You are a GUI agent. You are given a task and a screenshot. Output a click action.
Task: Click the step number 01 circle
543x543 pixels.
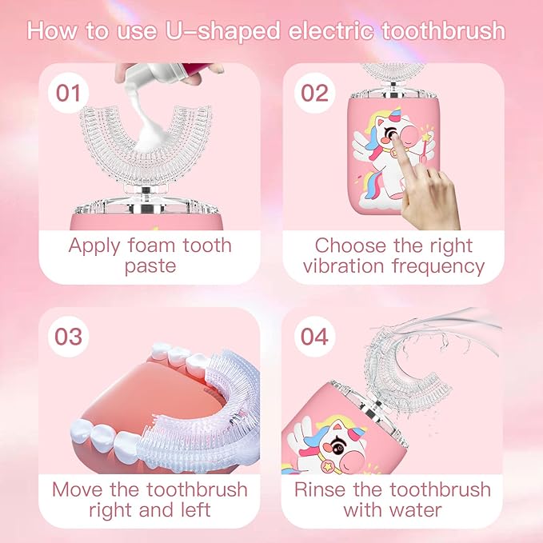coord(69,94)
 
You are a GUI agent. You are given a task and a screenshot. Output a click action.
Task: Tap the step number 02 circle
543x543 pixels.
coord(314,94)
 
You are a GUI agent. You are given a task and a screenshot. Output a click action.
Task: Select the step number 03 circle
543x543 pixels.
coord(69,337)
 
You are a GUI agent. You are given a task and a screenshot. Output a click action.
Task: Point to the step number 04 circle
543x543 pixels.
coord(314,337)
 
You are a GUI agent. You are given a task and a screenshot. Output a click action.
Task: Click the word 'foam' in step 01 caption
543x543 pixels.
coord(159,245)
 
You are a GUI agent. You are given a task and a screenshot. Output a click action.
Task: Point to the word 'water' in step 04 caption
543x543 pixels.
coord(418,509)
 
